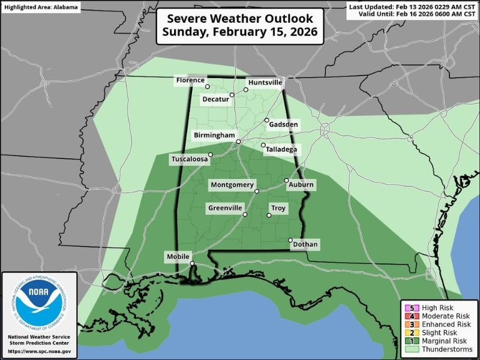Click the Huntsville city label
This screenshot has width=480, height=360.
pos(265,82)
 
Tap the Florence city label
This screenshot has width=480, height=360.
pos(191,80)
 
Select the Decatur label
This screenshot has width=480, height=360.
pos(215,98)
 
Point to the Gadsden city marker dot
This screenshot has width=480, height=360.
pos(267,121)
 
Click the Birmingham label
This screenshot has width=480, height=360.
pos(214,136)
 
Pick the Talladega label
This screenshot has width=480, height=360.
pos(283,149)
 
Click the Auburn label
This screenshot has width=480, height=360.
pos(301,185)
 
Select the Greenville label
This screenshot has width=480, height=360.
pos(225,208)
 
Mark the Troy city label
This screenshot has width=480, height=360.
pos(279,208)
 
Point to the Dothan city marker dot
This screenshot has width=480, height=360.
pos(290,241)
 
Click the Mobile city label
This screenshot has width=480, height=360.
pos(178,257)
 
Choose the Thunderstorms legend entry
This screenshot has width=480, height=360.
pos(437,349)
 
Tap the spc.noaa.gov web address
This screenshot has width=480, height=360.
pos(39,351)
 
